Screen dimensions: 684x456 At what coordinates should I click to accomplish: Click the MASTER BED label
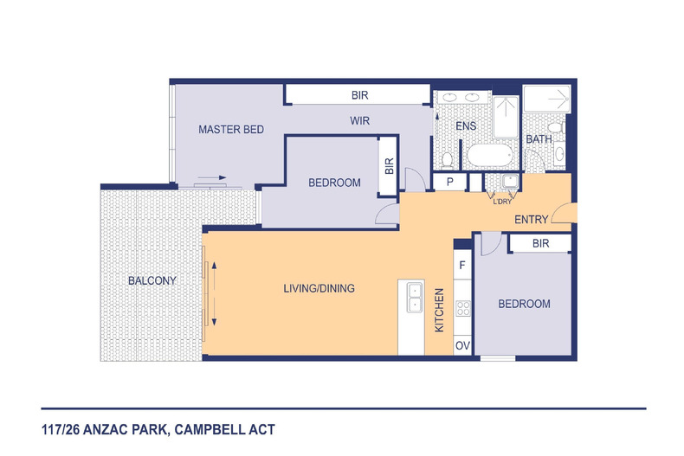(231, 130)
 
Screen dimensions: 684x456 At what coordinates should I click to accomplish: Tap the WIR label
(359, 121)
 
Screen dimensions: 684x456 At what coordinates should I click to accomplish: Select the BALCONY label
(152, 280)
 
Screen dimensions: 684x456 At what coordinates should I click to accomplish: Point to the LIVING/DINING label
(319, 288)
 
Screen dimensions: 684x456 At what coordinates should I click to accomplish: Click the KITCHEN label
(439, 310)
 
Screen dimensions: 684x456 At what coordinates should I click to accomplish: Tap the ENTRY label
(531, 219)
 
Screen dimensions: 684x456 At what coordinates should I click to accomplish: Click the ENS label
(466, 126)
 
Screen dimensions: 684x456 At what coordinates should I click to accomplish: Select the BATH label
(539, 139)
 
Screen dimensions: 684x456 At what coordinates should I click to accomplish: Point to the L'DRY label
(502, 202)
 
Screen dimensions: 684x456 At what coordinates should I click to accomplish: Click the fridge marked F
(462, 265)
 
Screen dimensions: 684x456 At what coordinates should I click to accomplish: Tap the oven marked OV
(462, 346)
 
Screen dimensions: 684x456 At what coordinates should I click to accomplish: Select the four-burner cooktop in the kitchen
(463, 308)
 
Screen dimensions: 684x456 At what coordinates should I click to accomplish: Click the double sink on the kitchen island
(415, 297)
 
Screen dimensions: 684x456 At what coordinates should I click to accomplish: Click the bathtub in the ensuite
(490, 155)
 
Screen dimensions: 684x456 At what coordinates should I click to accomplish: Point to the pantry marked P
(449, 182)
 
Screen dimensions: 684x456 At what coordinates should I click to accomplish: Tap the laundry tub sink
(509, 181)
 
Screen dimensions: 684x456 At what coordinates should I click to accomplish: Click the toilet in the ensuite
(447, 160)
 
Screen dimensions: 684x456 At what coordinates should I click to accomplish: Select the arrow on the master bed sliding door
(212, 177)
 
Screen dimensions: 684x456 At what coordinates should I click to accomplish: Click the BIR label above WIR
(359, 95)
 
